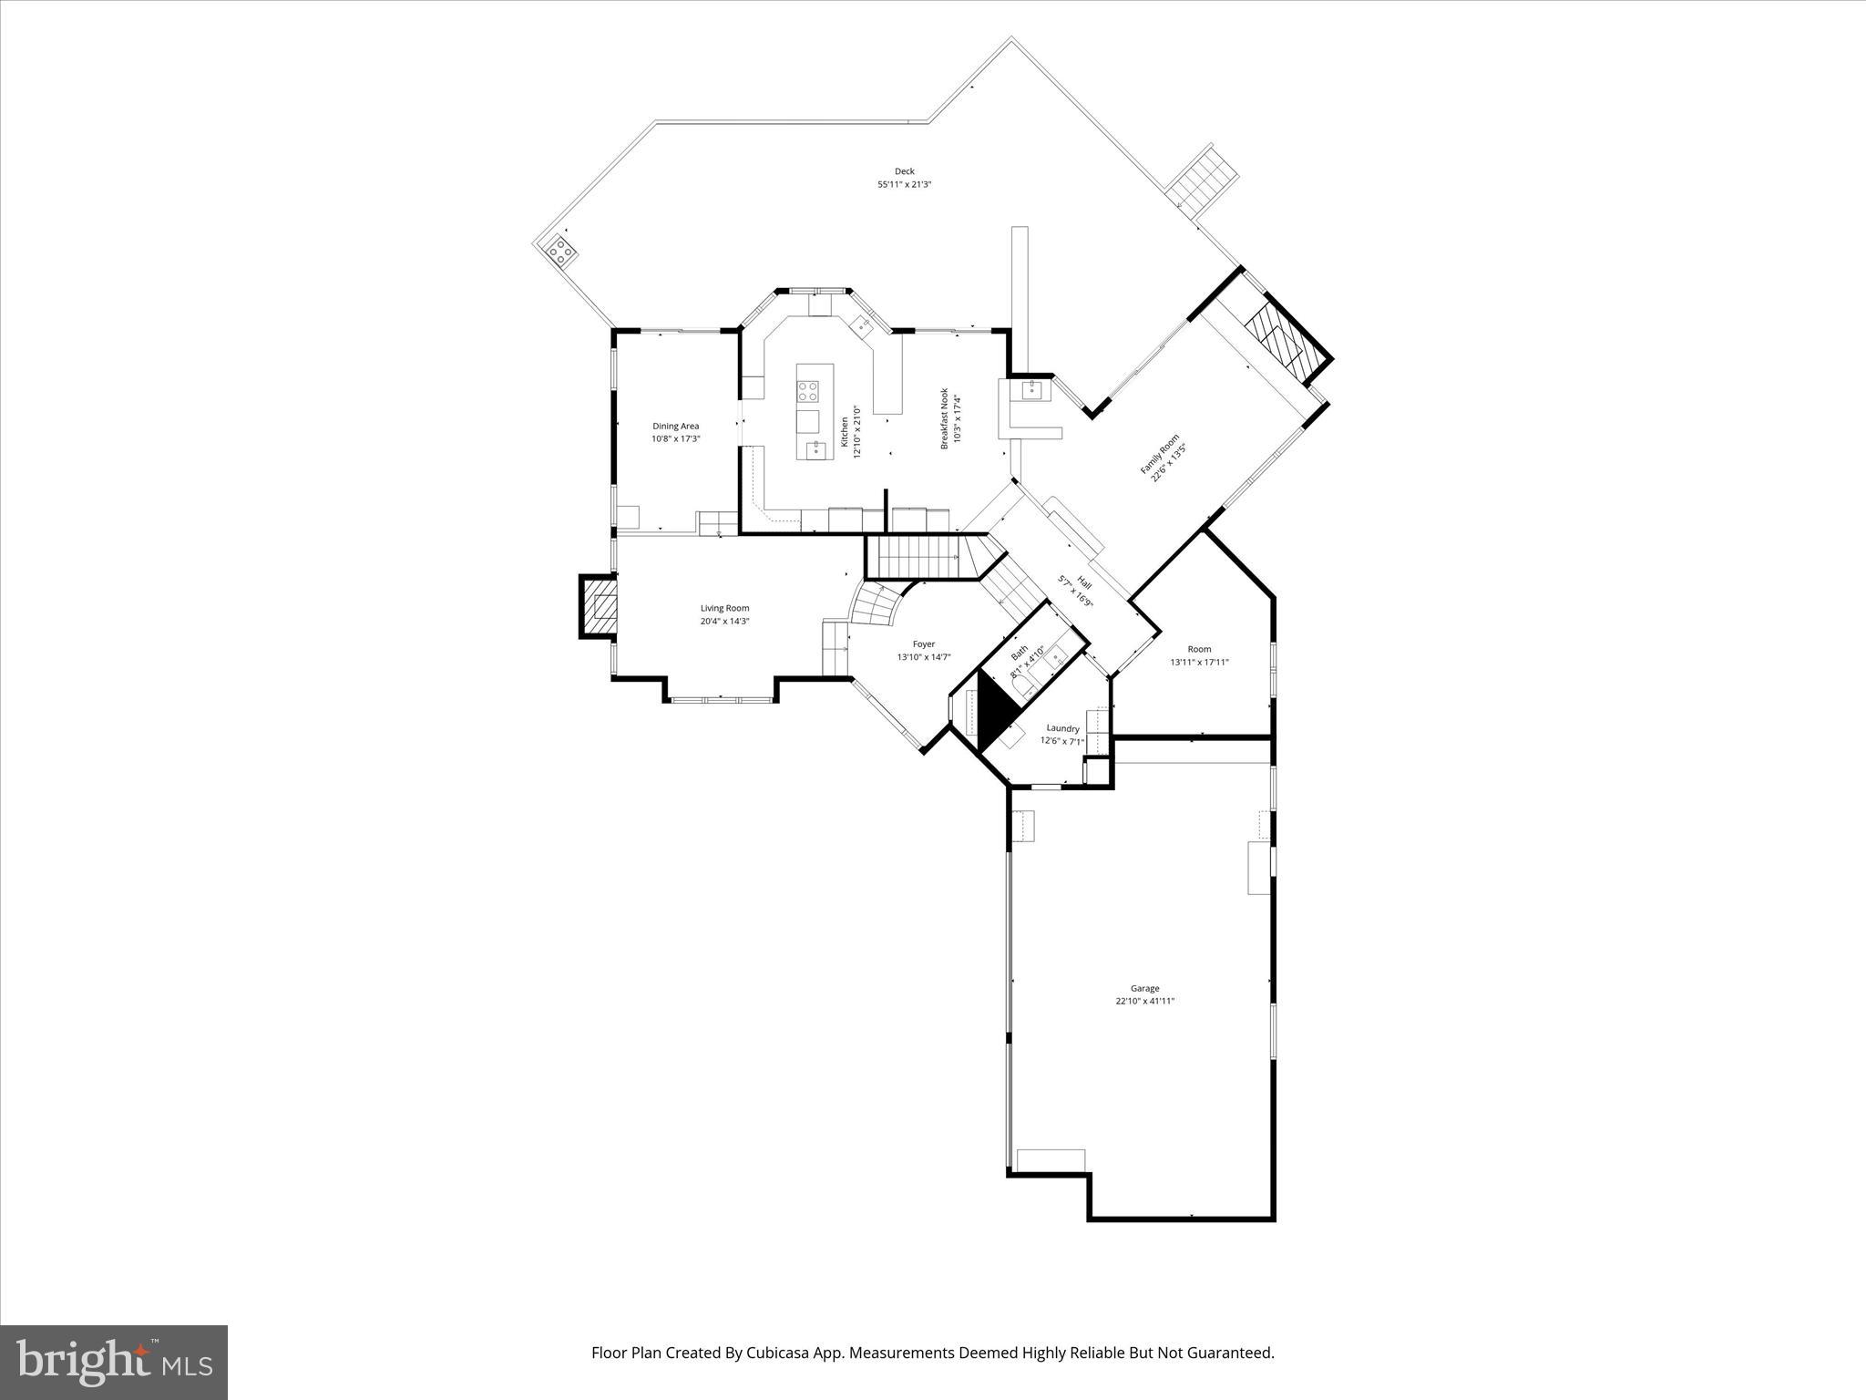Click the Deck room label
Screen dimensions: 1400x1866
[x=904, y=171]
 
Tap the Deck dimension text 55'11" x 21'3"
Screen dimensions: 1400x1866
[x=904, y=185]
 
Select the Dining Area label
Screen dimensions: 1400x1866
[x=675, y=426]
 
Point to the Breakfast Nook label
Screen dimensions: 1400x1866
[x=945, y=418]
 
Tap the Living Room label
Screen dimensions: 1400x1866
[x=724, y=608]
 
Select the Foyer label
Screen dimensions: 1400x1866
[x=923, y=643]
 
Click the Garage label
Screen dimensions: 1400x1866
[x=1144, y=988]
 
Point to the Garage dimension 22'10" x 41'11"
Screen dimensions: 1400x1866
[x=1144, y=1001]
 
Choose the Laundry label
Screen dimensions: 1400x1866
[x=1062, y=728]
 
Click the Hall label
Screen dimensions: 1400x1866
[x=1083, y=582]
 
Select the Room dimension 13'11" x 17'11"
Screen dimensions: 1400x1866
[x=1199, y=663]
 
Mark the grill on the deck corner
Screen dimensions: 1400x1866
[x=560, y=250]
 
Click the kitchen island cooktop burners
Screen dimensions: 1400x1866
[x=808, y=392]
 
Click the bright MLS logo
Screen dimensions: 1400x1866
[x=114, y=1362]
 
